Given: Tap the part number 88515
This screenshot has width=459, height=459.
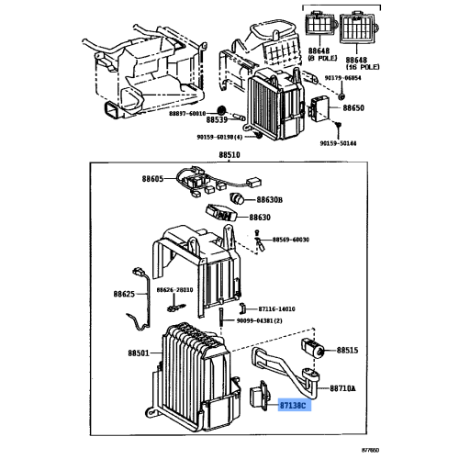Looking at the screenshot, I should pos(350,351).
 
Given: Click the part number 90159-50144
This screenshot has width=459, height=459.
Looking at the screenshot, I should pos(341,143).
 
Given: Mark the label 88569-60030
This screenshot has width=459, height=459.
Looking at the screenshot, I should pos(289,240).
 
